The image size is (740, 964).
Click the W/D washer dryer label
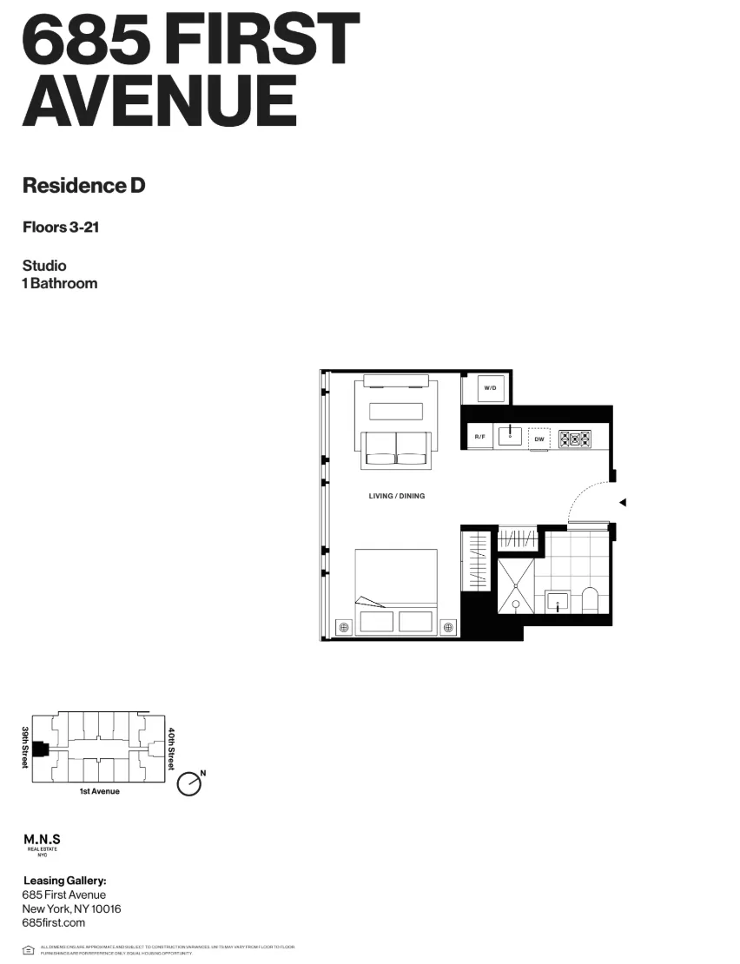(489, 387)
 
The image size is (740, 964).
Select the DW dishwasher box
(538, 439)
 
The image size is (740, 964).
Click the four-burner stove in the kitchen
(574, 439)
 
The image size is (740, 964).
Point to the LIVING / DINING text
(396, 496)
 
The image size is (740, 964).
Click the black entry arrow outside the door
(622, 502)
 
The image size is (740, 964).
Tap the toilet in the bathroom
(591, 601)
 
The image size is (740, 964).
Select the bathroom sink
(557, 600)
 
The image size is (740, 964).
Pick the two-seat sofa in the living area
(396, 447)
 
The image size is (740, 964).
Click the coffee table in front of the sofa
(396, 411)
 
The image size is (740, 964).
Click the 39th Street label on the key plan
(25, 747)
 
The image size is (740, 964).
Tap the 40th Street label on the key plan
(171, 749)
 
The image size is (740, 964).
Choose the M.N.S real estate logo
(41, 843)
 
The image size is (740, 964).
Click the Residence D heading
(83, 186)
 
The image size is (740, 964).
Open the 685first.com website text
(54, 922)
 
